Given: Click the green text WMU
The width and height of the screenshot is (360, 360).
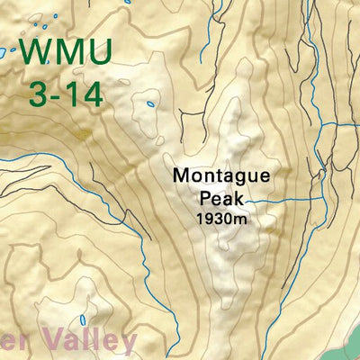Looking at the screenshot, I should coord(66,53).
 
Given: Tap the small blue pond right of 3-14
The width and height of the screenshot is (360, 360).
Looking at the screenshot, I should coord(149,104).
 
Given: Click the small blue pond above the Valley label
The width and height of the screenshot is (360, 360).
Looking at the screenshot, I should coord(84,319).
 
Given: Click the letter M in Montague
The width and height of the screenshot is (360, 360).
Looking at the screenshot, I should coord(181,175).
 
